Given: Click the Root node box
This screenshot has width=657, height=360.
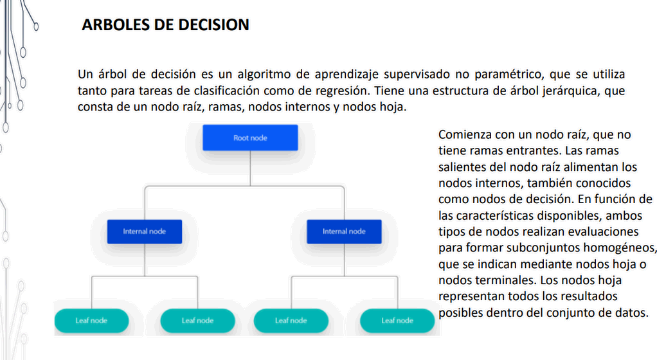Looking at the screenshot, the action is tap(250, 138).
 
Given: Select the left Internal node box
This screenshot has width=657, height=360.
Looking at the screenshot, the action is tap(145, 231).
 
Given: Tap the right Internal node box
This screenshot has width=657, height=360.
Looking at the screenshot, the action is tap(344, 231).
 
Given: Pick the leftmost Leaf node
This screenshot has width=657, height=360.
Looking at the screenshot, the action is tap(91, 321).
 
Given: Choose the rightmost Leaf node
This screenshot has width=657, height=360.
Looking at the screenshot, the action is tap(397, 321).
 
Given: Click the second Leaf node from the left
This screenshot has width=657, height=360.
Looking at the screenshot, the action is tap(197, 321).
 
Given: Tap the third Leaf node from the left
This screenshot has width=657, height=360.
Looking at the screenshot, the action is tap(291, 321).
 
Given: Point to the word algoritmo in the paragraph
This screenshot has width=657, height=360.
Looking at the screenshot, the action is tap(263, 74).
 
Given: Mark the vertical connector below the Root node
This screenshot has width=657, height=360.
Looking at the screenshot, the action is tap(250, 168).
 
